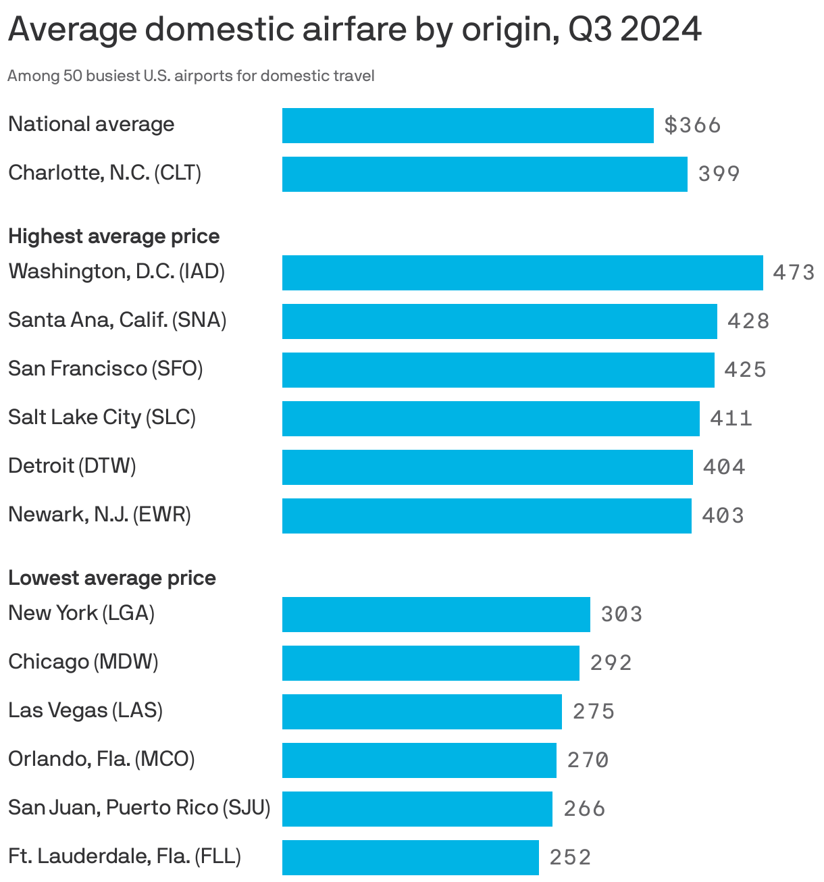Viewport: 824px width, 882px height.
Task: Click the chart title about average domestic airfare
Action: [355, 30]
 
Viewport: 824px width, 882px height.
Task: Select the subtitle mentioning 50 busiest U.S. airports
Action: [190, 76]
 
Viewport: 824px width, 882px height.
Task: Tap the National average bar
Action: [467, 126]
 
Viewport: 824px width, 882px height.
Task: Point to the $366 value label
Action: [692, 126]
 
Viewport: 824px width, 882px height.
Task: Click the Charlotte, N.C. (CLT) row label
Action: [105, 174]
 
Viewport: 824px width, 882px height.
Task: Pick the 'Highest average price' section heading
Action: [113, 236]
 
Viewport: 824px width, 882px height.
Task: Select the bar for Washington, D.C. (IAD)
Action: [522, 273]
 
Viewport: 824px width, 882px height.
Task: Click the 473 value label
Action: [794, 273]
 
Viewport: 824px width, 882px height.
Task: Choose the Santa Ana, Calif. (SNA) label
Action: [117, 320]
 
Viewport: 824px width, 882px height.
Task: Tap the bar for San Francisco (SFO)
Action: [498, 370]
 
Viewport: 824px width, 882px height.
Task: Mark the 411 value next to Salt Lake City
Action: [731, 419]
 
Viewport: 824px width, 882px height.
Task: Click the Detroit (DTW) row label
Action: [72, 466]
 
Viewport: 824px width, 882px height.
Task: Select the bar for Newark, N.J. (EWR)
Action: [486, 516]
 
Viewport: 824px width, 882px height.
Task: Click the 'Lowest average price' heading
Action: [112, 578]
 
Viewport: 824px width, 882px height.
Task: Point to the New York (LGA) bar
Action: [436, 615]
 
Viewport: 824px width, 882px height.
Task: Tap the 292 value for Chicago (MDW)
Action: [611, 663]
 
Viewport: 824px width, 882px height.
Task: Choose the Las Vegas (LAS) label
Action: [85, 710]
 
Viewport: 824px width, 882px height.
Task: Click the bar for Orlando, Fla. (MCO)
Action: [419, 760]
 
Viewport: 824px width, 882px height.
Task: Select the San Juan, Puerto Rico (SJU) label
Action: [139, 808]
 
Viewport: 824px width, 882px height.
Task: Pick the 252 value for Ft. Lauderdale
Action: [570, 858]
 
